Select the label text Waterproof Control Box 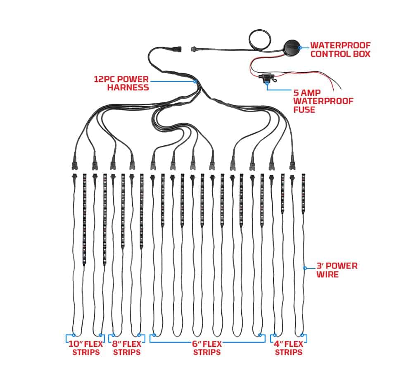[340, 50]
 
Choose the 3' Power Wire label [336, 270]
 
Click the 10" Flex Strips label [86, 348]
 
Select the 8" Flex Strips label [127, 348]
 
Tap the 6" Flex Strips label [207, 348]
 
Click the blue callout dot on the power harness [195, 82]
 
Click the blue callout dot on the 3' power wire [305, 268]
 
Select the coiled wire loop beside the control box [259, 40]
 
